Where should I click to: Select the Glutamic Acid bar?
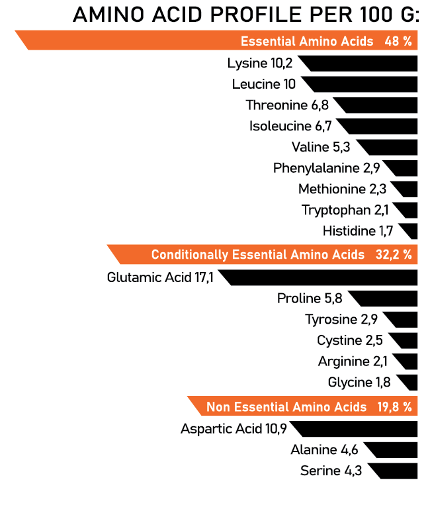point(321,277)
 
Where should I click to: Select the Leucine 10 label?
point(264,85)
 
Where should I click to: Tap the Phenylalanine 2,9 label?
point(326,168)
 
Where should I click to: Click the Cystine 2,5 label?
point(349,341)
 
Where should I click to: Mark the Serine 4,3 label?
point(331,471)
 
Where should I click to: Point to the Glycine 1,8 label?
point(359,383)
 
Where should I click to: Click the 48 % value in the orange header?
point(398,41)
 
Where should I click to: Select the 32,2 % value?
point(394,255)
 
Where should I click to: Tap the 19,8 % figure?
point(394,406)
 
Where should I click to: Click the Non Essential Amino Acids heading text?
point(286,406)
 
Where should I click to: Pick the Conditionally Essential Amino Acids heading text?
point(257,255)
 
